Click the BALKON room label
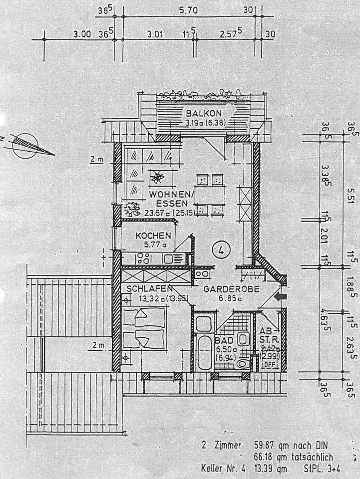(x=203, y=113)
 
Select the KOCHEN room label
(x=154, y=236)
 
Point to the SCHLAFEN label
(x=149, y=289)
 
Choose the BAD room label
(x=222, y=340)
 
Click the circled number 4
(x=220, y=249)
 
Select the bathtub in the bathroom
(x=204, y=352)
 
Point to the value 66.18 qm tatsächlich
(x=293, y=457)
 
